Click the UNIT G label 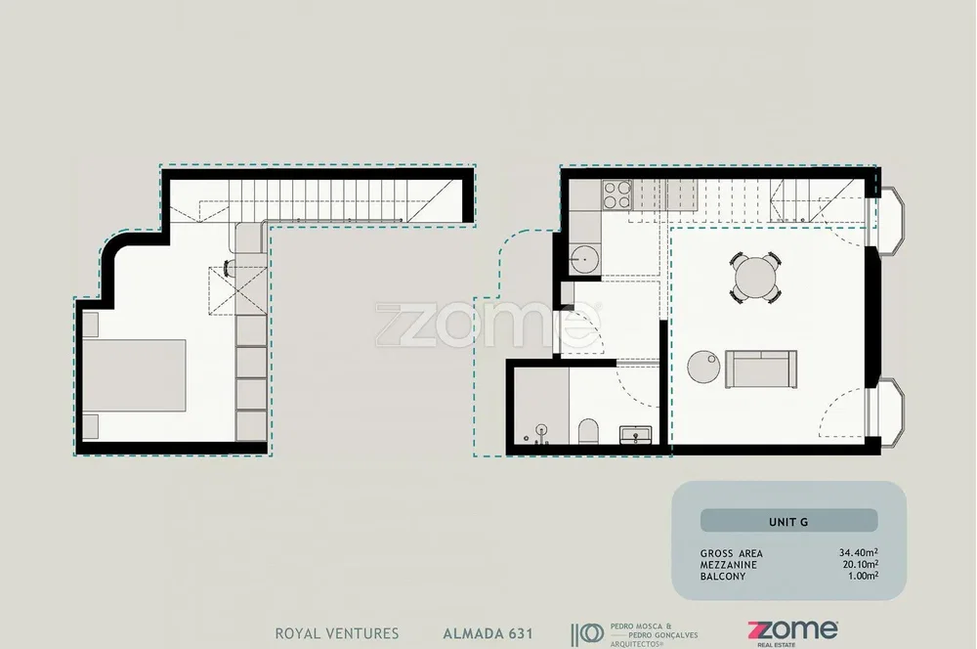(x=788, y=522)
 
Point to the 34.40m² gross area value (x=859, y=552)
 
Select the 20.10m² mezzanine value (x=861, y=564)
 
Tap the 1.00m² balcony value (x=863, y=576)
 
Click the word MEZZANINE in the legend (x=729, y=565)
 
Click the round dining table (x=755, y=277)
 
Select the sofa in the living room (x=761, y=369)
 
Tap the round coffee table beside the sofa (x=703, y=366)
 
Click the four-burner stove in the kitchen (x=616, y=194)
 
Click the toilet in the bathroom (x=588, y=431)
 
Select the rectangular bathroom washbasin (x=636, y=435)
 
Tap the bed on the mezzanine (x=135, y=375)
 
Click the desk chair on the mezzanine (x=229, y=268)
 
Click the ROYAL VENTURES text (x=337, y=633)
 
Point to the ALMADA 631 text (x=488, y=634)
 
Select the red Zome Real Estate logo (x=792, y=632)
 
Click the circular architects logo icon (x=593, y=634)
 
